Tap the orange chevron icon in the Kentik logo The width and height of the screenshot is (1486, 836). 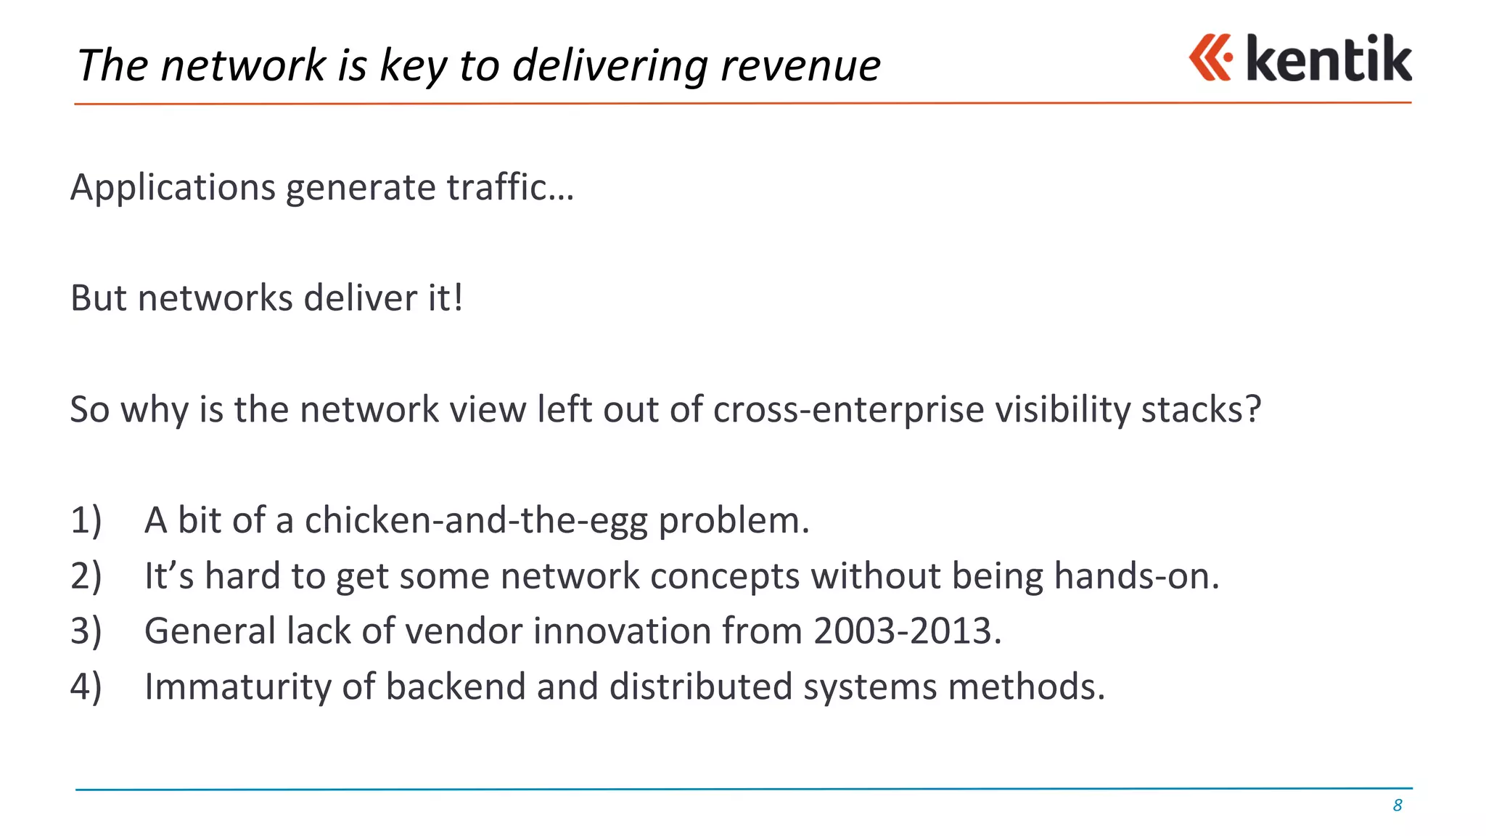[1210, 57]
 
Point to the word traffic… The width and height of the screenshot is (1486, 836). [510, 187]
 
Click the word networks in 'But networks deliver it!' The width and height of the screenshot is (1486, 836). [215, 298]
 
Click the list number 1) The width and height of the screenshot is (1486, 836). [86, 521]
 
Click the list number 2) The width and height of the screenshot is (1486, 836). [86, 576]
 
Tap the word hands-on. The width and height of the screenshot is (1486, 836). [1136, 576]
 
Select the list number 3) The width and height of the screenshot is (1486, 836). [86, 631]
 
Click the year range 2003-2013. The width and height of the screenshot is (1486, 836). [907, 631]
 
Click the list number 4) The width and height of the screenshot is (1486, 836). [86, 687]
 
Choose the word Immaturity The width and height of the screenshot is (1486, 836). [237, 687]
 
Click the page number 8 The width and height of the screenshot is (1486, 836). [1397, 806]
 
